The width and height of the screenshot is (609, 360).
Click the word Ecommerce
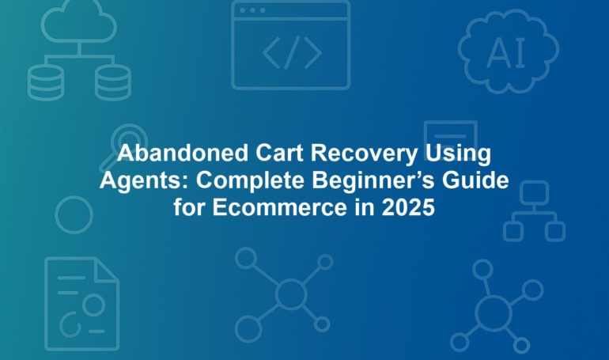(280, 207)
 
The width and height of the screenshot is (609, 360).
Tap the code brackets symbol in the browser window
(292, 52)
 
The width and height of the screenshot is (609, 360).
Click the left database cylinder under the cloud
(45, 83)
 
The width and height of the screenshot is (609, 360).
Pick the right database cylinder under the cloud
(113, 83)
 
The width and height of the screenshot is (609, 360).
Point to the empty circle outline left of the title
(56, 214)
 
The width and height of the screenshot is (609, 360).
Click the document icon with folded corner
(46, 304)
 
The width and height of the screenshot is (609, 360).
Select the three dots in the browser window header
(252, 10)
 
